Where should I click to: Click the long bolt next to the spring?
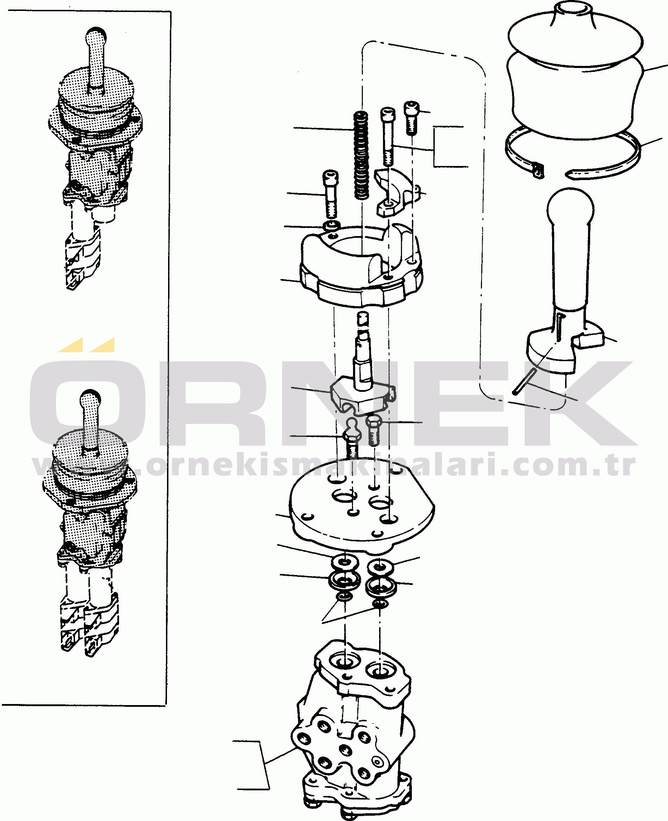388,137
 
